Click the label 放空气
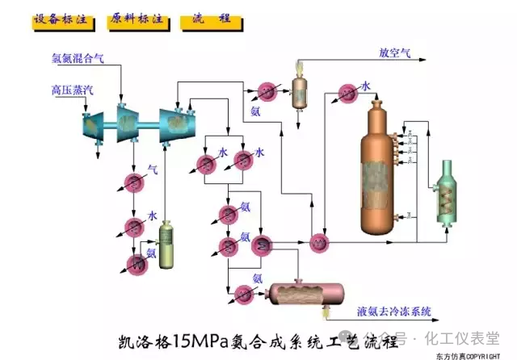coord(395,54)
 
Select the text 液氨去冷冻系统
coord(395,311)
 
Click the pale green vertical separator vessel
coord(167,246)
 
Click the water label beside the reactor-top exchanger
coord(366,86)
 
